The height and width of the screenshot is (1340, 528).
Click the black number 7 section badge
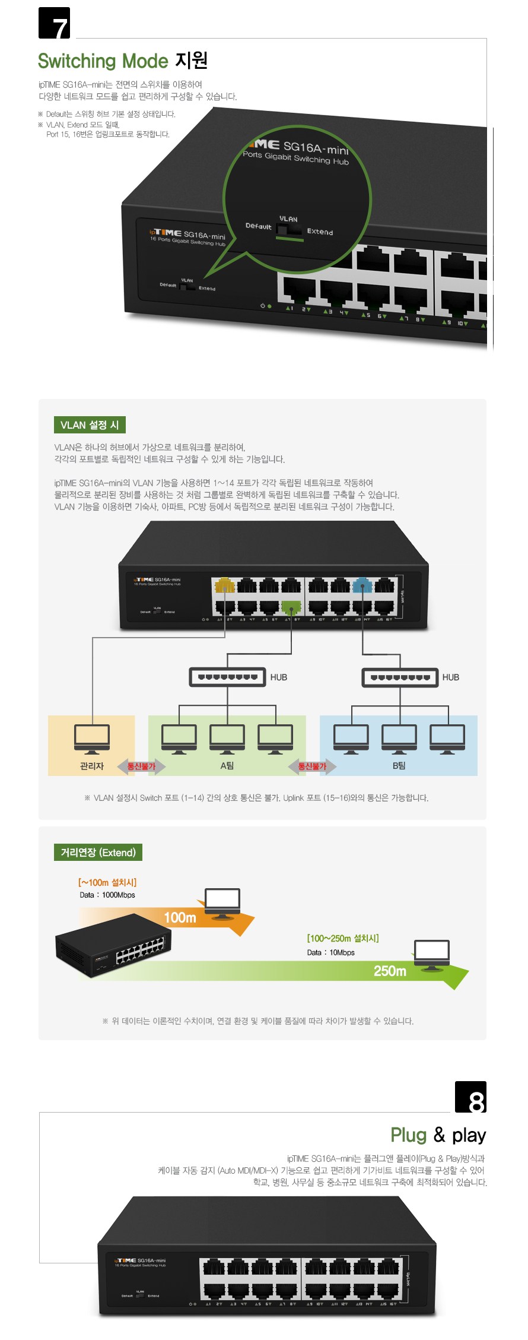point(54,23)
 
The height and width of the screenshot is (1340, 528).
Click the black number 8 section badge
point(470,1097)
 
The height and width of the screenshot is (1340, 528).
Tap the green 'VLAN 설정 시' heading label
point(90,425)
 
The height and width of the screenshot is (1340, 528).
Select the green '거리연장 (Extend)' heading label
point(98,853)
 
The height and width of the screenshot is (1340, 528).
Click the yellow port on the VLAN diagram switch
point(225,586)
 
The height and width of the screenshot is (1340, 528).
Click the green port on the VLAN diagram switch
point(291,607)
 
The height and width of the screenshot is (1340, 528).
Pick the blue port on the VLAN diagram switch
point(362,586)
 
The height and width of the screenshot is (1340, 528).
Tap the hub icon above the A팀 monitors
point(227,677)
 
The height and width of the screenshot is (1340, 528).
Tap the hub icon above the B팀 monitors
point(400,677)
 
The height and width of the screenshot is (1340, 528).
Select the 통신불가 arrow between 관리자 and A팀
point(141,766)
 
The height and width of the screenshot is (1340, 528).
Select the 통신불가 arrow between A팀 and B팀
point(312,766)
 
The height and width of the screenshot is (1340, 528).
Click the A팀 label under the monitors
point(227,766)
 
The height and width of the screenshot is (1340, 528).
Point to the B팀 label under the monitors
point(399,766)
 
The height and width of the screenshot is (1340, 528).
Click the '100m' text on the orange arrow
point(180,918)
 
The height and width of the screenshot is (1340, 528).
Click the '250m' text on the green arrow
point(390,971)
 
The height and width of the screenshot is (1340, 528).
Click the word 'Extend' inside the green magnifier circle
point(320,232)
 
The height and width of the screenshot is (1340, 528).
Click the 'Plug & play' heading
point(438,1135)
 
